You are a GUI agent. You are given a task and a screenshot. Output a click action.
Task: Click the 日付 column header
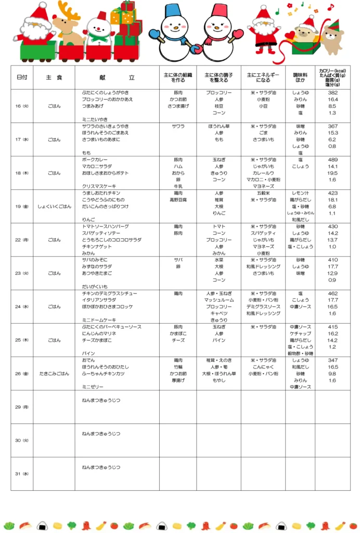22,77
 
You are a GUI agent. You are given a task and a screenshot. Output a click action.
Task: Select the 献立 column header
117,77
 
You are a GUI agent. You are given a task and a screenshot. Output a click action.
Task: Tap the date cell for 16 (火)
22,106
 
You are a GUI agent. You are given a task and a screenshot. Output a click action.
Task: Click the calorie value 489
332,160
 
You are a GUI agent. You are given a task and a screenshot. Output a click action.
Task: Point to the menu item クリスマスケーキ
99,186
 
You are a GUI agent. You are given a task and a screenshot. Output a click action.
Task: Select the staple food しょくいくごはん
54,207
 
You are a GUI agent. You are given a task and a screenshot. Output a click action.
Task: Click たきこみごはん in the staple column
54,374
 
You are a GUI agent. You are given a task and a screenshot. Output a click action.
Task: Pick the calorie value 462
332,294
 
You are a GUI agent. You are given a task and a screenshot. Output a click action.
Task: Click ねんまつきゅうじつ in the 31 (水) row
101,467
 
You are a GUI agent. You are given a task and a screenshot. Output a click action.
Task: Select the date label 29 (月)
22,407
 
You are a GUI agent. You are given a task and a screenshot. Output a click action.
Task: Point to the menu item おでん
88,360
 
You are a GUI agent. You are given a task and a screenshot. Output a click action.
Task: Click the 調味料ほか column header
300,77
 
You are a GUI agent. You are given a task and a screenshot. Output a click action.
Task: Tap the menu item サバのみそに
95,260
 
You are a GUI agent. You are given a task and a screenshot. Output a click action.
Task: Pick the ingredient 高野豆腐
177,200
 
